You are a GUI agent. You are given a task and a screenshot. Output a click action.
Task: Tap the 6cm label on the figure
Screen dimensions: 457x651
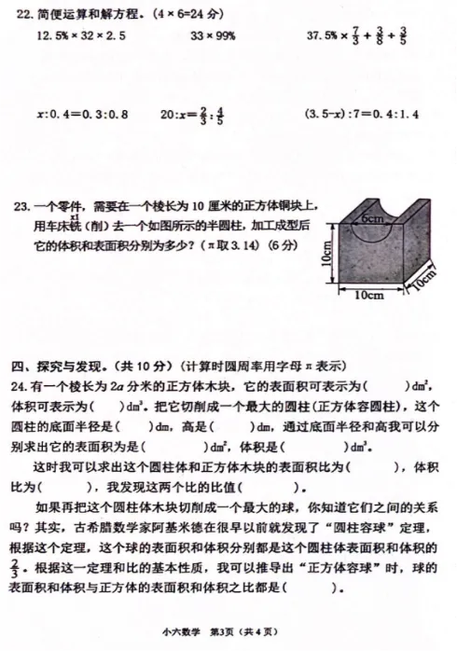pos(373,218)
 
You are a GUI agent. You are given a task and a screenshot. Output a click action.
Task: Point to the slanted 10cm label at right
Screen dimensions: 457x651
pos(426,280)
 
